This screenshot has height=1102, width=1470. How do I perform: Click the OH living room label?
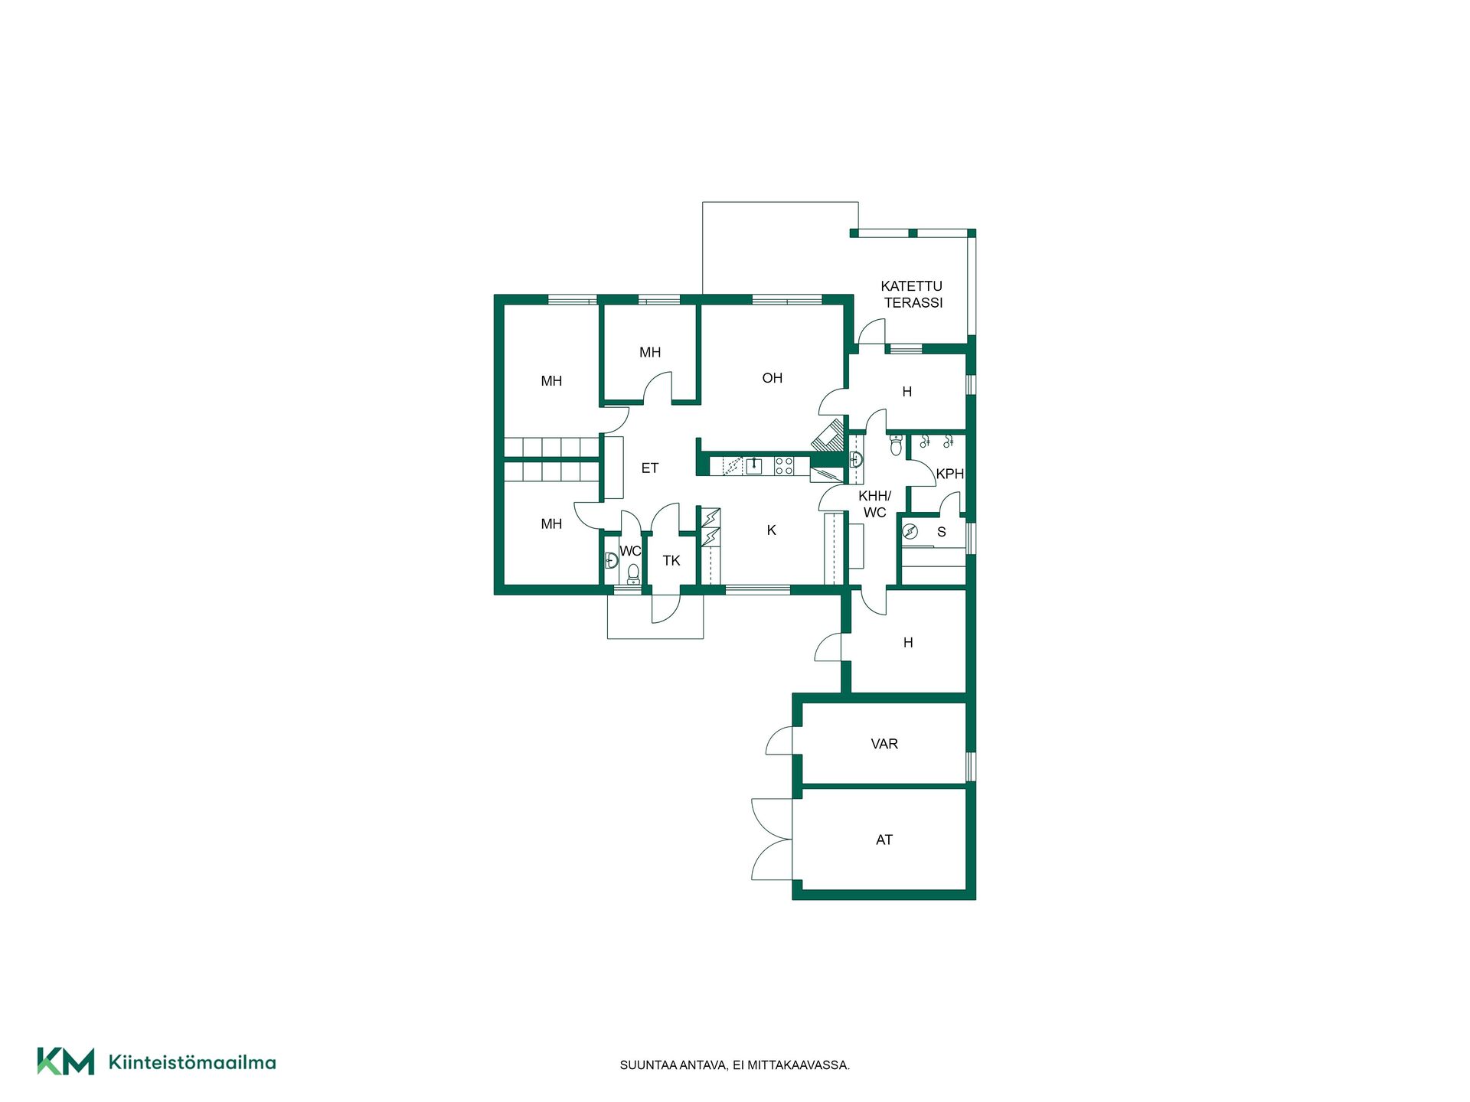772,378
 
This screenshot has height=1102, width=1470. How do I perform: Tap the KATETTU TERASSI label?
912,295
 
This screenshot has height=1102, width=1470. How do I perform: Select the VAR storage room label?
884,744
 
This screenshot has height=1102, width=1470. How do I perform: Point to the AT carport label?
884,840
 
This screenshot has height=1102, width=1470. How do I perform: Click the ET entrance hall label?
650,468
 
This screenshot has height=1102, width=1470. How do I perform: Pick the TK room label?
671,561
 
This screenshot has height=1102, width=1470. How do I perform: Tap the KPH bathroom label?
950,474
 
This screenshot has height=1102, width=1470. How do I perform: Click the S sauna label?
942,532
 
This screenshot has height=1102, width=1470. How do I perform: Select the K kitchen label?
772,530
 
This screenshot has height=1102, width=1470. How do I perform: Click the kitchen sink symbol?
754,465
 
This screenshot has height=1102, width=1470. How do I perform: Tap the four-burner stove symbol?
784,465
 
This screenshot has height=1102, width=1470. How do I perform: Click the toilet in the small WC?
633,574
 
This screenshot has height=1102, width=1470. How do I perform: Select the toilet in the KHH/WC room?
896,445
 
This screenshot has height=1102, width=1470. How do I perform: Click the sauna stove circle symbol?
910,532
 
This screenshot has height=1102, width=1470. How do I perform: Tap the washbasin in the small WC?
611,560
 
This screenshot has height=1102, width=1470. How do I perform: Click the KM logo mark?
66,1061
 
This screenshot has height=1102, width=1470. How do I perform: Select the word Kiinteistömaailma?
192,1062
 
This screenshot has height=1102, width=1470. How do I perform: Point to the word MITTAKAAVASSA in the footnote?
798,1065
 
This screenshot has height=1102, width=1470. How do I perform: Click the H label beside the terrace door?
907,392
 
